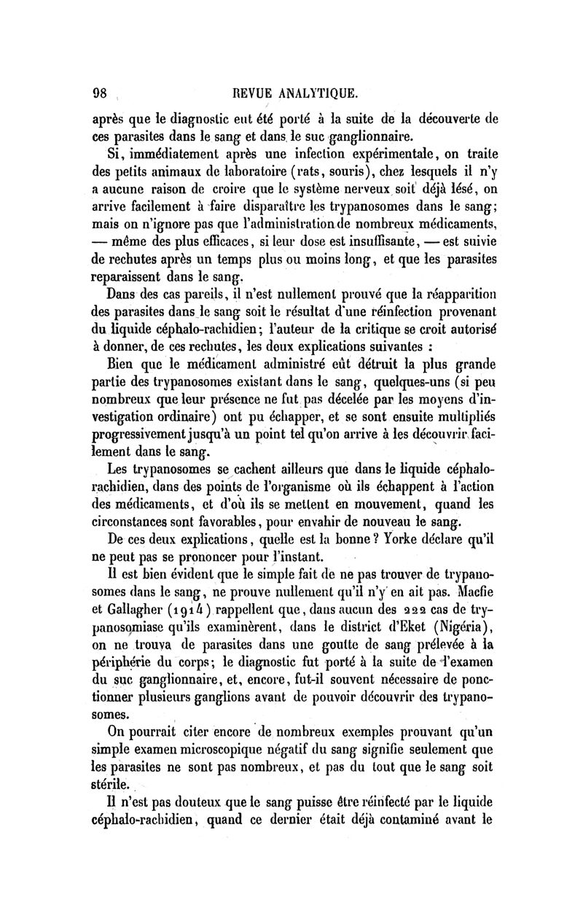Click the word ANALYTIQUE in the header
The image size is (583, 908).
[318, 94]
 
